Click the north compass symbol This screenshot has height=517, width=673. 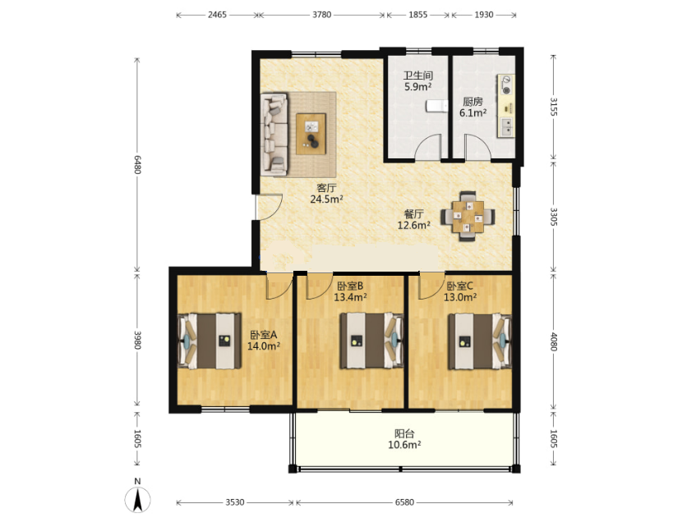point(137,500)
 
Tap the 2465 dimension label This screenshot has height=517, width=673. point(217,15)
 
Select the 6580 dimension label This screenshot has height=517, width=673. point(404,502)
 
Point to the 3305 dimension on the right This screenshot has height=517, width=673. point(554,217)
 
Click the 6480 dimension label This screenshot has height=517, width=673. point(137,164)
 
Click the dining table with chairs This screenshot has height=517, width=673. point(468,216)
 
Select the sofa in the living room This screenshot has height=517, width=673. point(274,135)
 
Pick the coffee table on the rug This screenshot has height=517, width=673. point(311,134)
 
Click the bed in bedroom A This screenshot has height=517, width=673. point(209,341)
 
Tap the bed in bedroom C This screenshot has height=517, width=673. point(479,341)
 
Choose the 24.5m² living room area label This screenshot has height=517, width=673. point(326,199)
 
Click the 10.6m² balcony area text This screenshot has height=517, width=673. point(404,445)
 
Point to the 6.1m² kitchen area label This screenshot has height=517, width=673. point(473,112)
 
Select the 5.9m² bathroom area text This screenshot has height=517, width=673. point(417,87)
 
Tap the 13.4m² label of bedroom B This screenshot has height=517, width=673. point(350,297)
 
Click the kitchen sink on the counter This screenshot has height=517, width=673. point(506,127)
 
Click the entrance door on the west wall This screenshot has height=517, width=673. point(268,208)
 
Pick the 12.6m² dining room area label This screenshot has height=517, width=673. point(414,225)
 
